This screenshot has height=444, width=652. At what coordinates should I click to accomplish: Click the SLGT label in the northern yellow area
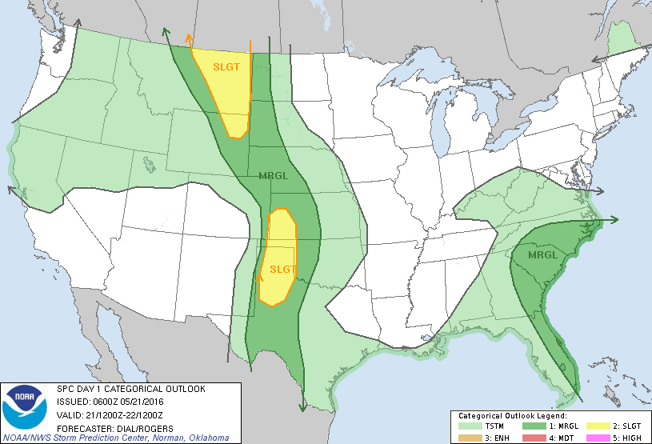coord(226,66)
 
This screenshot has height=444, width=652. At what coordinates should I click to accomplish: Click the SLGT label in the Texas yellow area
coord(284,269)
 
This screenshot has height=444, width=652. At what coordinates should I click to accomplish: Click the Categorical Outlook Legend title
coord(512,416)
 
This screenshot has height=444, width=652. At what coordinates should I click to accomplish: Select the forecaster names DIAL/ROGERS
coord(138,428)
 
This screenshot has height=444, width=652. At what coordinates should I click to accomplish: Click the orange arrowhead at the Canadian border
coord(189,36)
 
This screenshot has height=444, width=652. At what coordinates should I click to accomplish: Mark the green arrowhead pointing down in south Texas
coord(302,407)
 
